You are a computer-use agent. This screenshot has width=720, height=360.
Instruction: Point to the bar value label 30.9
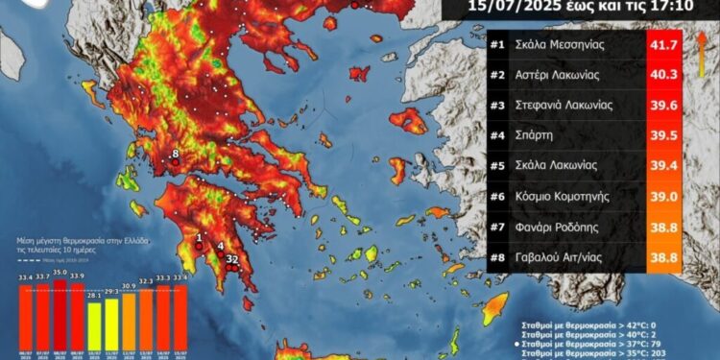[129, 285]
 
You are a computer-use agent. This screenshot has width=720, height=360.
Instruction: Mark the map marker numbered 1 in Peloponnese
[199, 238]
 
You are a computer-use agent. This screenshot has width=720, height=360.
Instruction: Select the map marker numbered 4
[221, 246]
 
